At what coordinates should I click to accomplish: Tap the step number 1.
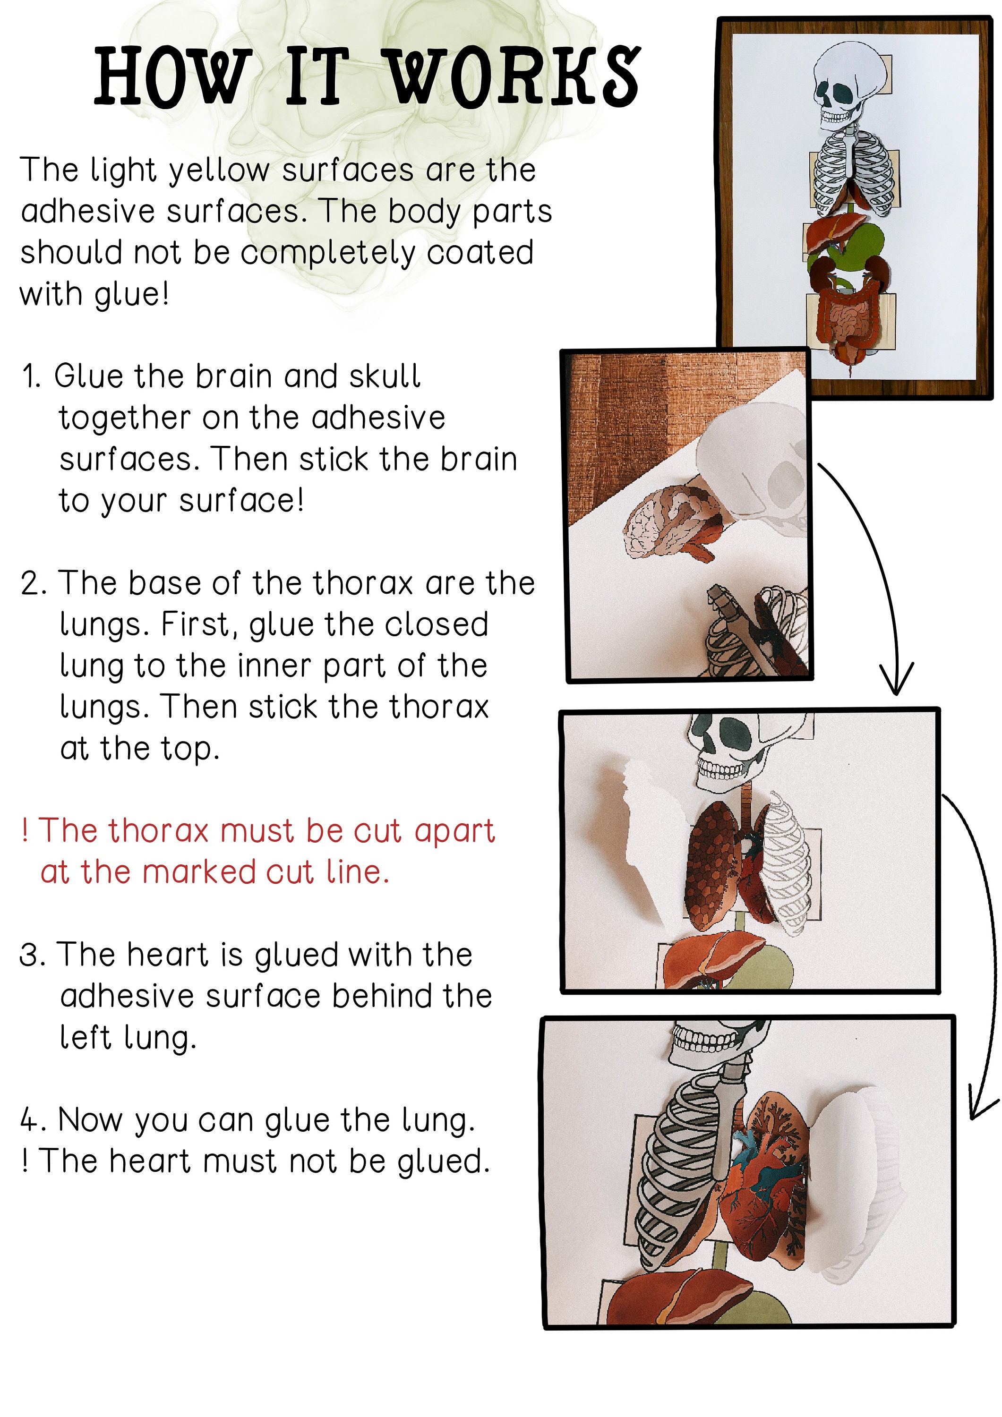click(x=30, y=376)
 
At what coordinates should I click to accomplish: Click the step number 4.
click(x=30, y=1120)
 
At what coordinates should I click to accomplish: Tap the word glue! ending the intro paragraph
click(x=131, y=294)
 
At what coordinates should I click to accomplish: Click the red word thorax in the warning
click(x=159, y=831)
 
